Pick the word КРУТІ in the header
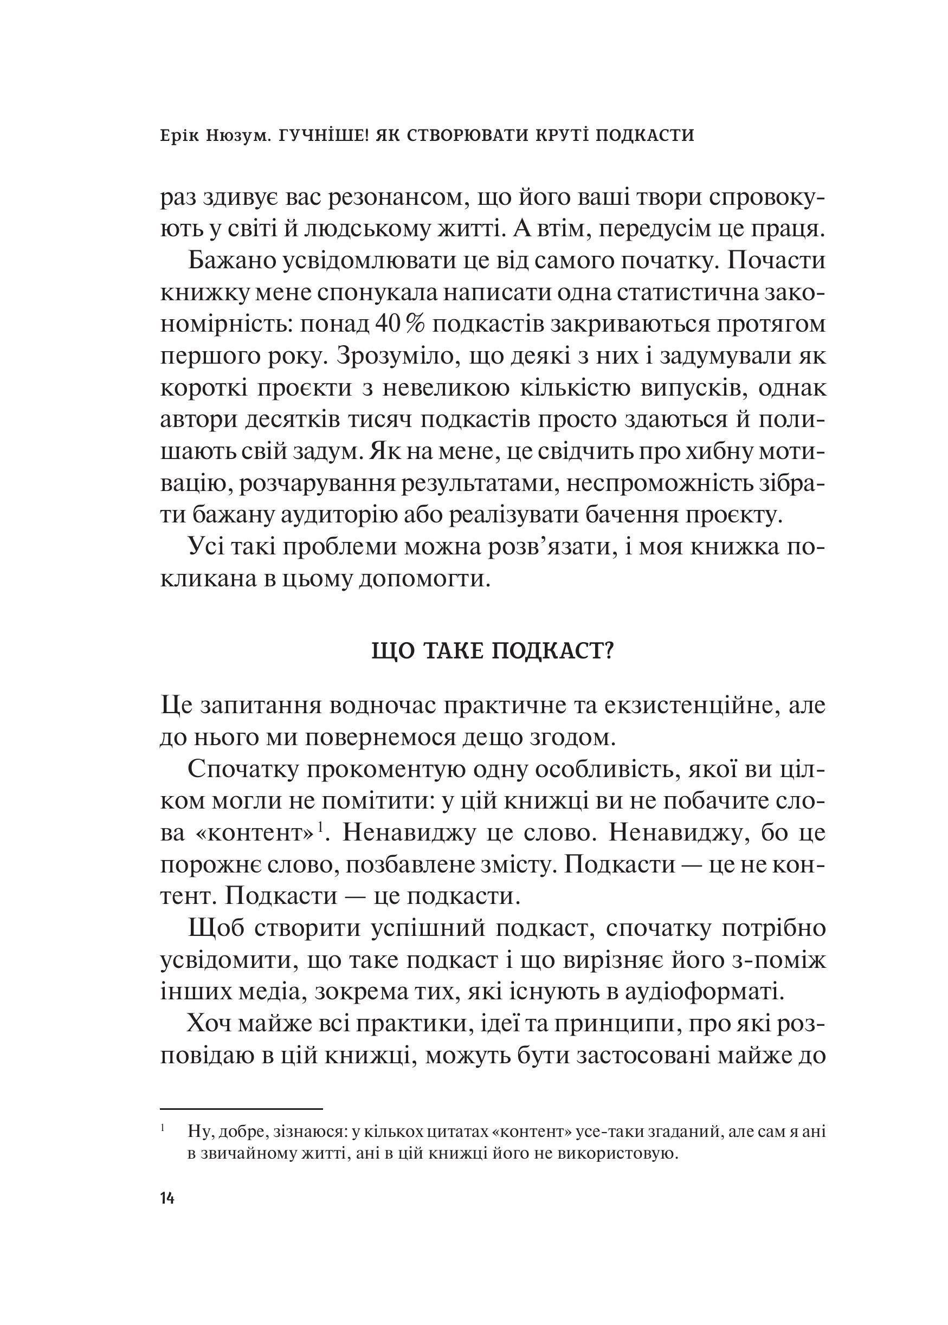(x=554, y=135)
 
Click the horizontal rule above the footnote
(x=241, y=1108)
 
